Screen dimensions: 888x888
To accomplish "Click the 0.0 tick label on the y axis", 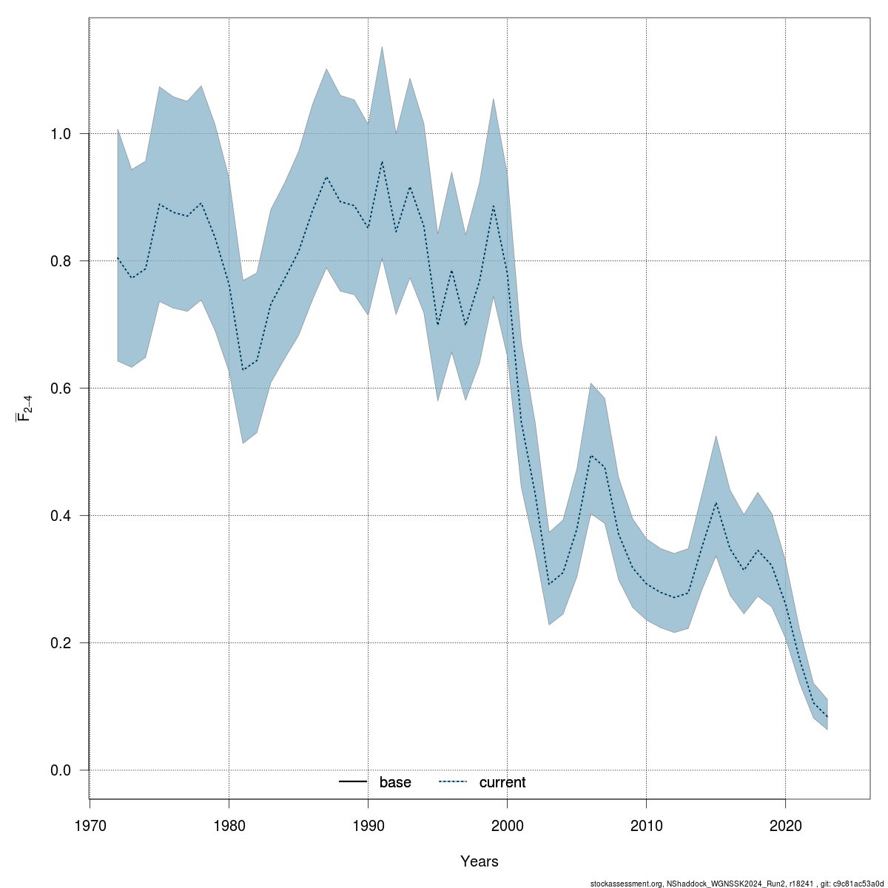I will tap(60, 770).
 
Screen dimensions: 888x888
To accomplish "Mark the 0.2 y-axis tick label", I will tap(60, 643).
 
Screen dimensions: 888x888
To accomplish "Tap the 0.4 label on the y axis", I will tap(60, 516).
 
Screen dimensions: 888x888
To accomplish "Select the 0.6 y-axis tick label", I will tap(60, 388).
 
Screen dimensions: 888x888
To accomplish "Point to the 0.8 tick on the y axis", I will tap(60, 261).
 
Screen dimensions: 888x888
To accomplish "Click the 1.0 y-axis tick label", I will tap(60, 134).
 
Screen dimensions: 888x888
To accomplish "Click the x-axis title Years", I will tap(479, 861).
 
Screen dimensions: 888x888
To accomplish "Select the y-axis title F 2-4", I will tap(24, 408).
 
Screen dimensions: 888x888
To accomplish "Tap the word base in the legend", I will tap(395, 783).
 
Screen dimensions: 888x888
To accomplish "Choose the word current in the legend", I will tap(502, 783).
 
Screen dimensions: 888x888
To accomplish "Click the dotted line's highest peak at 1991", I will tap(382, 161).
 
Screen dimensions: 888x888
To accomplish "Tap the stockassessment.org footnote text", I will tap(737, 883).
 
